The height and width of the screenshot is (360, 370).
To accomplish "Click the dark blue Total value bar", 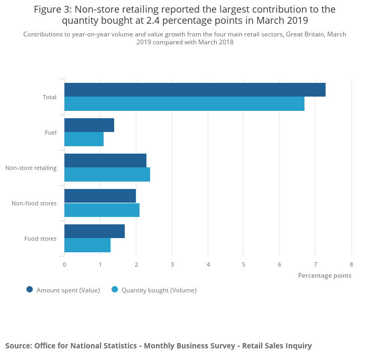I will pyautogui.click(x=195, y=90).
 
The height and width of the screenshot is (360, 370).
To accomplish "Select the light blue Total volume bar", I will pyautogui.click(x=184, y=104).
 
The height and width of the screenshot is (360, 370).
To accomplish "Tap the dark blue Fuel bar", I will pyautogui.click(x=89, y=125).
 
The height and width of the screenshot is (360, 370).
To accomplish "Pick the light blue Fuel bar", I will pyautogui.click(x=84, y=139).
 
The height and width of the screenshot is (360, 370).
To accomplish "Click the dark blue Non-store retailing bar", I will pyautogui.click(x=105, y=160).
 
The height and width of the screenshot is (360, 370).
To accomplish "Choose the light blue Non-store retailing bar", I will pyautogui.click(x=107, y=175).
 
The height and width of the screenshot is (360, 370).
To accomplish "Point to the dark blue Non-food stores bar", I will pyautogui.click(x=100, y=196).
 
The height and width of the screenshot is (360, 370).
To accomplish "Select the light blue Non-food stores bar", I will pyautogui.click(x=101, y=210).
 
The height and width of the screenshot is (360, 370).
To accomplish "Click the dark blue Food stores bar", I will pyautogui.click(x=94, y=231).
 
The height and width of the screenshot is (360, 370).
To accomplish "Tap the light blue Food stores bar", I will pyautogui.click(x=87, y=245).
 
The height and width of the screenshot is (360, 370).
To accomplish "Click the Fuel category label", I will pyautogui.click(x=51, y=132).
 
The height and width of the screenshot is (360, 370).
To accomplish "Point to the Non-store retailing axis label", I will pyautogui.click(x=31, y=168).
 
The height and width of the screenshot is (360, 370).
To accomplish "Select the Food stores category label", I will pyautogui.click(x=40, y=239).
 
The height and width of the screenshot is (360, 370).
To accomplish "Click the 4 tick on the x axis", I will pyautogui.click(x=208, y=264).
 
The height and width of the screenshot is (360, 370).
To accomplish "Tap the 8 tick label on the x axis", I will pyautogui.click(x=351, y=264).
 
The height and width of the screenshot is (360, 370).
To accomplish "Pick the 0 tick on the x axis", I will pyautogui.click(x=64, y=264).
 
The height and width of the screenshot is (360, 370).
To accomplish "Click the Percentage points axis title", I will pyautogui.click(x=324, y=276).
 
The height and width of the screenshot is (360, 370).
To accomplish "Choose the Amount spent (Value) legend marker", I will pyautogui.click(x=30, y=289).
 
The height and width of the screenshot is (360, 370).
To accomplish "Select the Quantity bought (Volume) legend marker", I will pyautogui.click(x=115, y=289).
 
